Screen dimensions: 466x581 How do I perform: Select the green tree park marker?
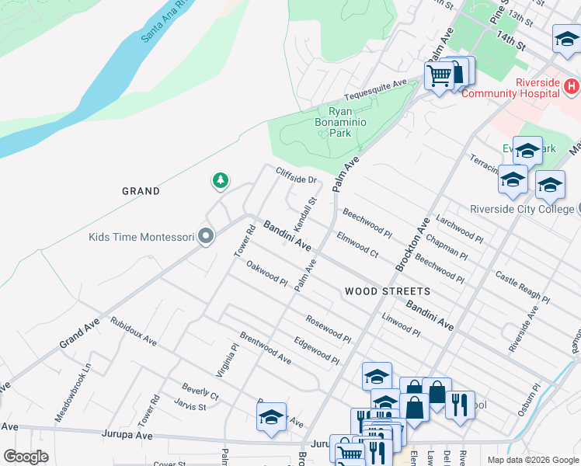[x=221, y=181]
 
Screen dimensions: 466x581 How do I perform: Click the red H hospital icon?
[x=572, y=85]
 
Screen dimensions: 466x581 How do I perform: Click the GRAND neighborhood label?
[x=141, y=191]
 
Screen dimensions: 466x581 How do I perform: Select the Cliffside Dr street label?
[x=296, y=176]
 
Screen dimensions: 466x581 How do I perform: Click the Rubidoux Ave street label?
[x=133, y=332]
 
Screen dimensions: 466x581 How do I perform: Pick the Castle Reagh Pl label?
[x=522, y=287]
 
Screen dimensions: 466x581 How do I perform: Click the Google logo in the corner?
[x=26, y=457]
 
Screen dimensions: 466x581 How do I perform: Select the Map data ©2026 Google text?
[x=532, y=460]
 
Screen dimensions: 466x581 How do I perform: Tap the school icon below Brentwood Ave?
[x=271, y=417]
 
